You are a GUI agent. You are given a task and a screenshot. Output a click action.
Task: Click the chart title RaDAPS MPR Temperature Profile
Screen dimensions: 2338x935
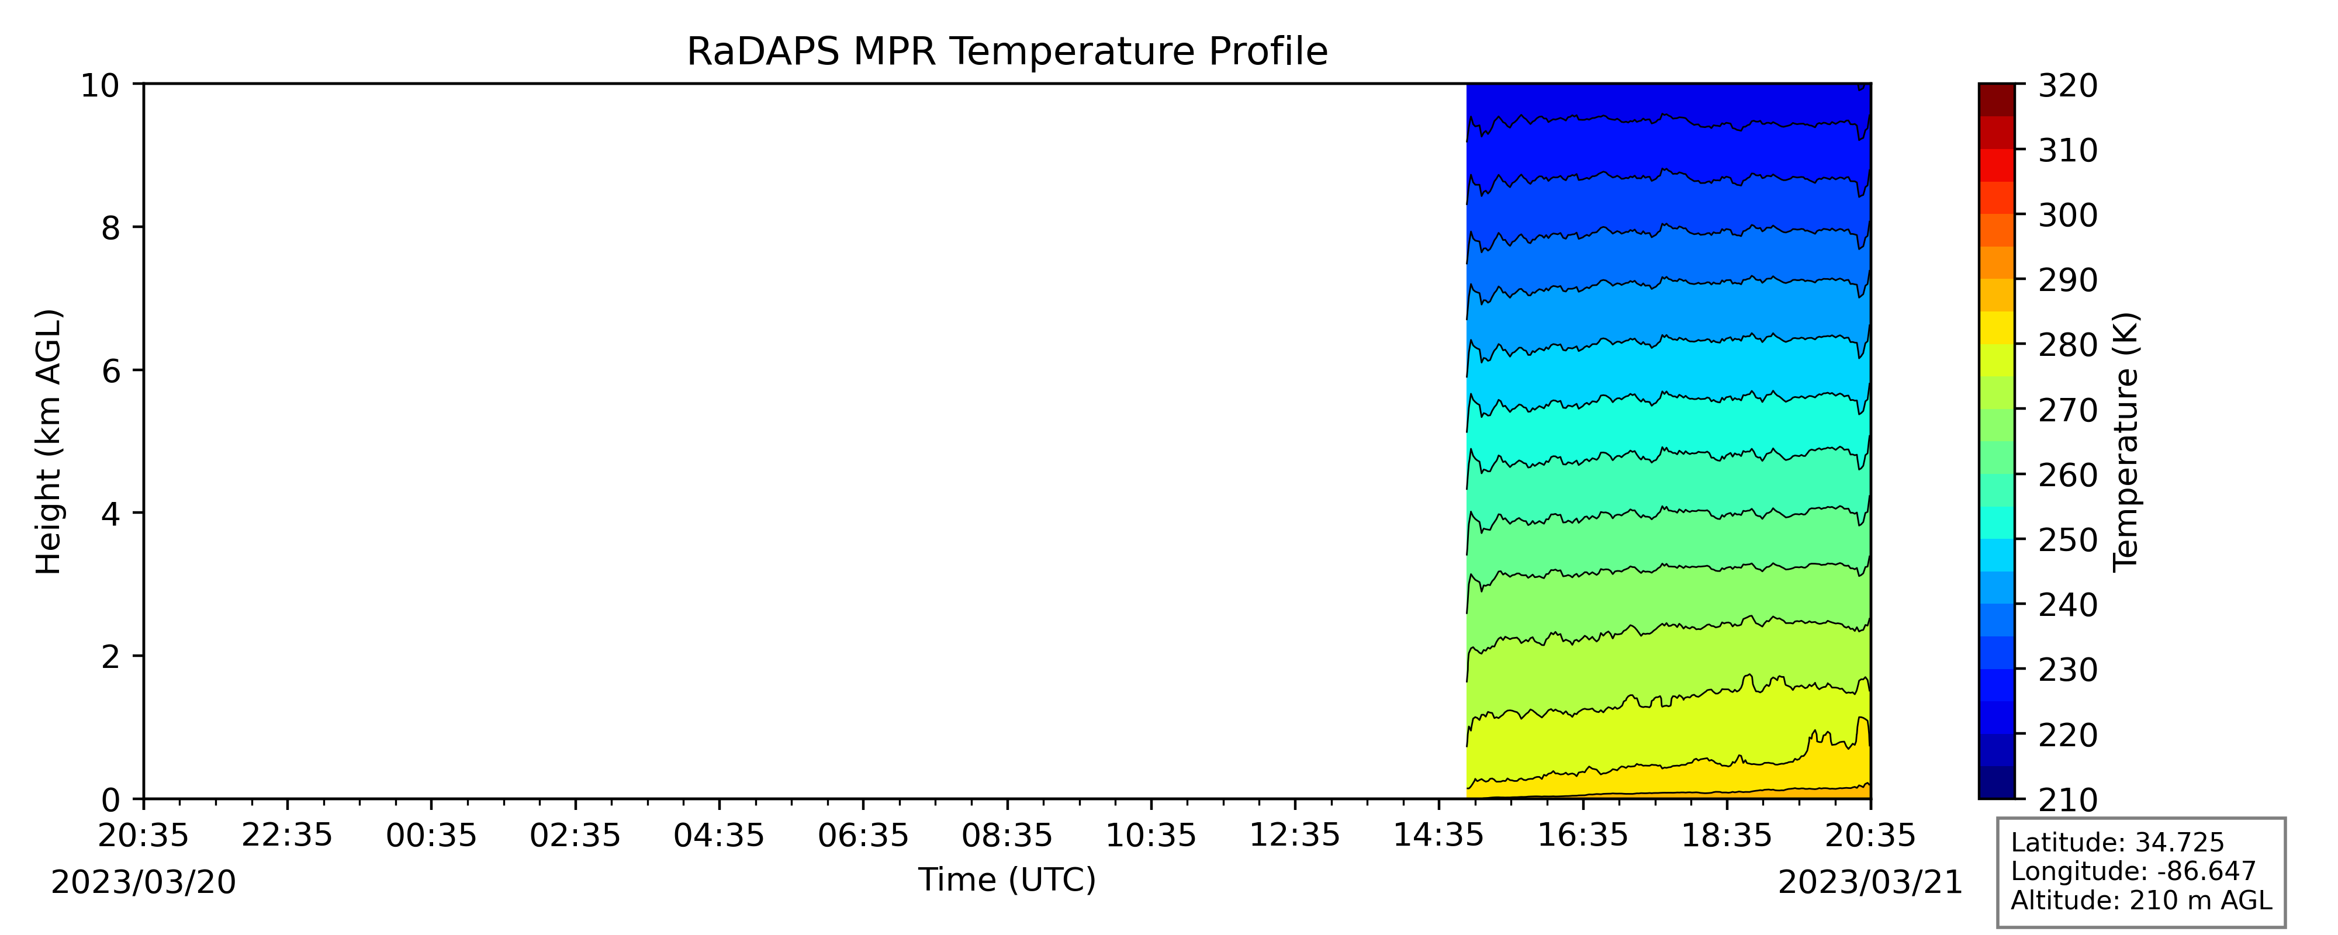tap(1007, 52)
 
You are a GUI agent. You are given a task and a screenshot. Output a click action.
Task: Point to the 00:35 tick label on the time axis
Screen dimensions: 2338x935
tap(431, 835)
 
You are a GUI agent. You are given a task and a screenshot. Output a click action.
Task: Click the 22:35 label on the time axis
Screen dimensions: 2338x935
tap(287, 835)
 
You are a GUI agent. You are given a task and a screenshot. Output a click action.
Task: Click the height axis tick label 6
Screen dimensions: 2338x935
tap(110, 370)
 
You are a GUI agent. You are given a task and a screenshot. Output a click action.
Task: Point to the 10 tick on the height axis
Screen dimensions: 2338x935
tap(101, 85)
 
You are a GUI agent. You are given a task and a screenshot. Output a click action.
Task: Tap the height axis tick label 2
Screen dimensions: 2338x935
tap(110, 656)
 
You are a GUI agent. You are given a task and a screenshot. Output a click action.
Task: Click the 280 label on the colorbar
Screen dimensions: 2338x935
tap(2067, 345)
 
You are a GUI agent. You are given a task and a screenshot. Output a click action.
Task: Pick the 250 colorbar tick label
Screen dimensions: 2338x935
tap(2067, 540)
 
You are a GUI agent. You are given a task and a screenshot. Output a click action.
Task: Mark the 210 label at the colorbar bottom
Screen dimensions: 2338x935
tap(2067, 800)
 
